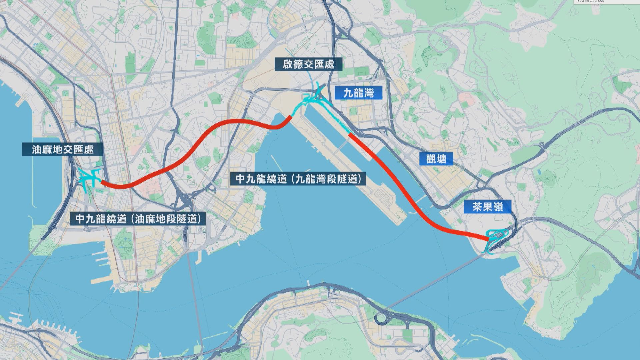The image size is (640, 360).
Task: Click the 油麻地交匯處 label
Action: (x=63, y=150)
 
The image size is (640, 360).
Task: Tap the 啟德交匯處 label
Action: (x=308, y=64)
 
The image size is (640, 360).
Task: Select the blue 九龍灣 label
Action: (x=358, y=93)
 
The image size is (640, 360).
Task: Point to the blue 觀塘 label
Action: (x=436, y=159)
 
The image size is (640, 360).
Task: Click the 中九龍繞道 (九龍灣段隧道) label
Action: (x=299, y=179)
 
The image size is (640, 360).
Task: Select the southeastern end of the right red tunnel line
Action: (x=487, y=239)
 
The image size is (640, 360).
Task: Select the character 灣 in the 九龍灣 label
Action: (x=368, y=93)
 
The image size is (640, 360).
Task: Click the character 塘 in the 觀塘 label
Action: (x=441, y=159)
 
